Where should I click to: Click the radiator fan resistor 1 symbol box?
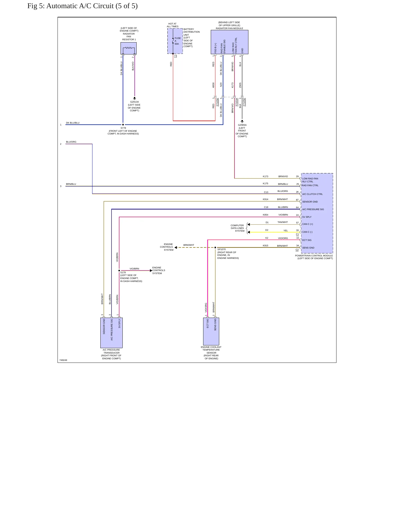click(x=128, y=48)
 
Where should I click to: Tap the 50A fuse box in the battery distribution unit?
click(x=175, y=41)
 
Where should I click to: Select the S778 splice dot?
click(x=123, y=125)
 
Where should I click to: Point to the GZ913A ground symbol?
click(x=134, y=98)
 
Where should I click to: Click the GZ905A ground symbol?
click(x=242, y=121)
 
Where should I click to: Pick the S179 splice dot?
click(x=119, y=271)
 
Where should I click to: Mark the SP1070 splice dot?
click(x=215, y=247)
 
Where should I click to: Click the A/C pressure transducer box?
click(x=112, y=333)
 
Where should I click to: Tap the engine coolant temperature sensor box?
click(x=211, y=331)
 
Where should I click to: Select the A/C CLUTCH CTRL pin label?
click(x=312, y=194)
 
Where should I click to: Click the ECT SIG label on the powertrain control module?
click(x=307, y=240)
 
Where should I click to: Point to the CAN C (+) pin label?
click(x=308, y=224)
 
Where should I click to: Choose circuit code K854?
click(x=266, y=215)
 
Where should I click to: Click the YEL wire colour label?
click(x=285, y=231)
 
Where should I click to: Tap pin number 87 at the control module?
click(x=297, y=200)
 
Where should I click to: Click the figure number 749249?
click(x=63, y=360)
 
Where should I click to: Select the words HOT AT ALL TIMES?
click(x=173, y=25)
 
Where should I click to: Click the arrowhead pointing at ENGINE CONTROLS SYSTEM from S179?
click(x=151, y=271)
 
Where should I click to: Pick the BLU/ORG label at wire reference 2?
click(x=71, y=142)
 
